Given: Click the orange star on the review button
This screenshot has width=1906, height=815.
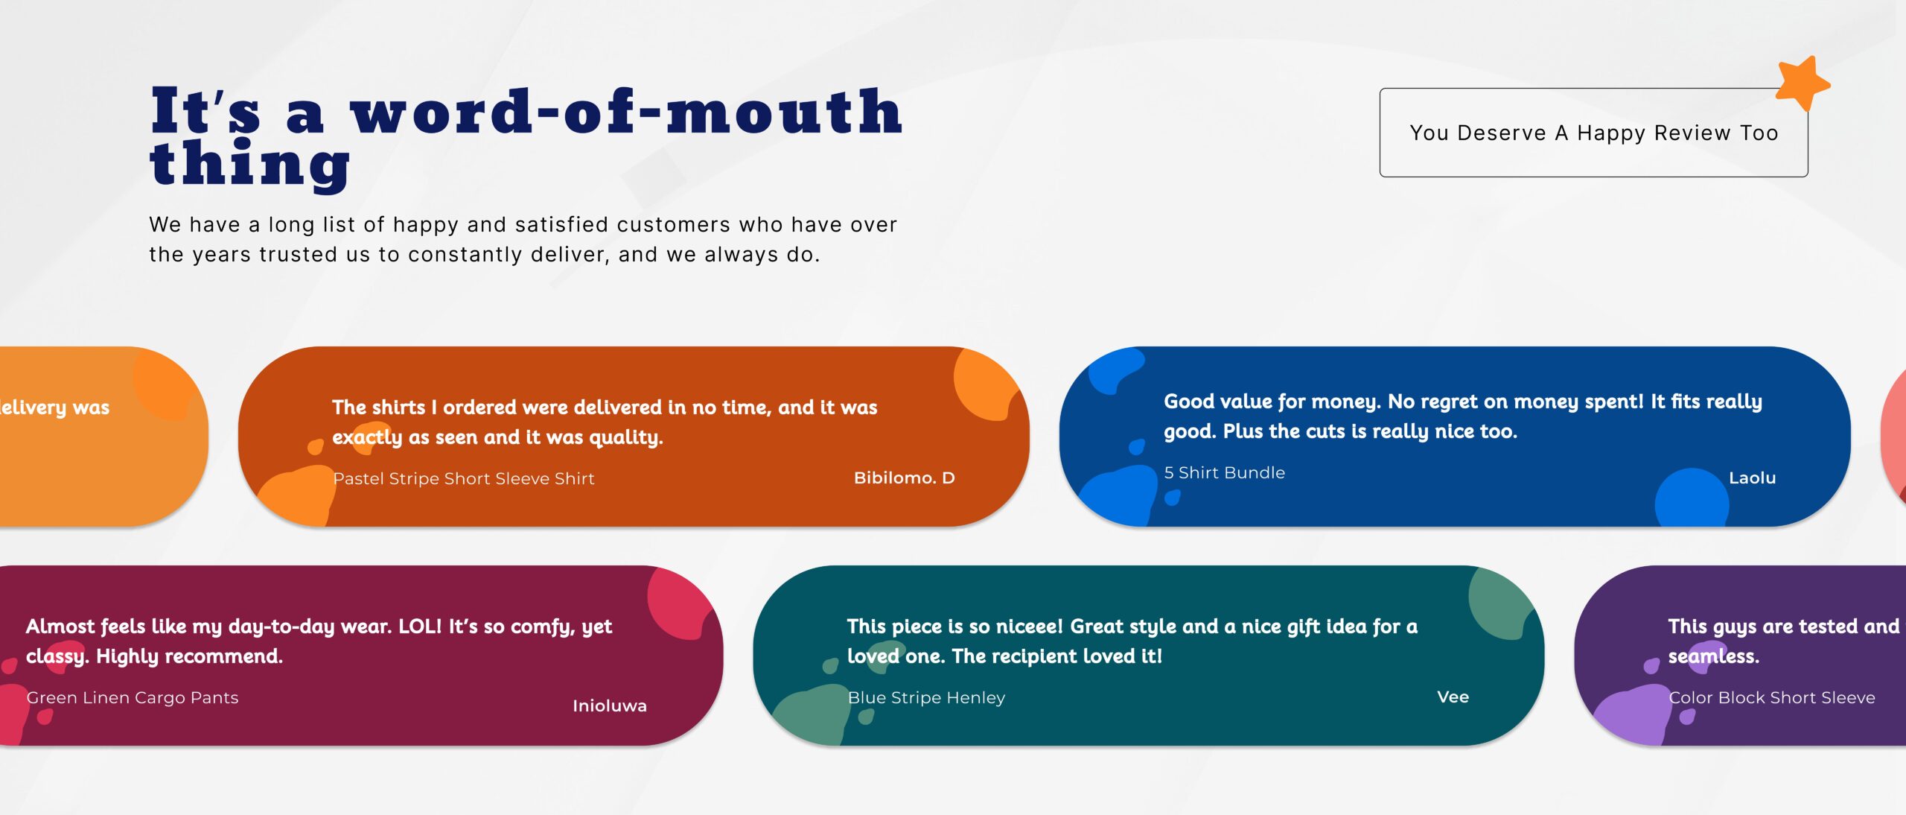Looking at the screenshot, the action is point(1802,83).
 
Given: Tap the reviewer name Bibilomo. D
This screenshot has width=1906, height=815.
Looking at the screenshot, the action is point(904,478).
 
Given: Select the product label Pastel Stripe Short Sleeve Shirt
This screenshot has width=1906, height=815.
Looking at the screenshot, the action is point(464,478).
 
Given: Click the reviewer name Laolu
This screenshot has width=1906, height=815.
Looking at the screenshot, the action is point(1752,478).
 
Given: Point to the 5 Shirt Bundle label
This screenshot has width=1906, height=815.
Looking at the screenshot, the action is point(1224,472).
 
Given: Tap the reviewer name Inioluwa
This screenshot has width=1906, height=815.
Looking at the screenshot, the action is point(609,705).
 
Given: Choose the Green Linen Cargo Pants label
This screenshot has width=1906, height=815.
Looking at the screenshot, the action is point(133,697).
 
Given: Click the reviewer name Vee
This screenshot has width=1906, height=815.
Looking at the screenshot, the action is point(1453,697).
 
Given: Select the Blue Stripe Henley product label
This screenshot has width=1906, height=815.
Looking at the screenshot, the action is point(926,697).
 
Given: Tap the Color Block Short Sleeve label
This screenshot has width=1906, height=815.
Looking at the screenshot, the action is point(1771,697).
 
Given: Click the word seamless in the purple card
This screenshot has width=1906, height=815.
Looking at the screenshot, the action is point(1713,656).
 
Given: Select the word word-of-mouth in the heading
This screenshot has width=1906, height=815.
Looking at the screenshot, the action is point(626,111).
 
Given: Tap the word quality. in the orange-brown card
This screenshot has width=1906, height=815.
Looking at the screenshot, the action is point(625,437).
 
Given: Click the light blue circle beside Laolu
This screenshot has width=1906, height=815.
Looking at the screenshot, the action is point(1691,497).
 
